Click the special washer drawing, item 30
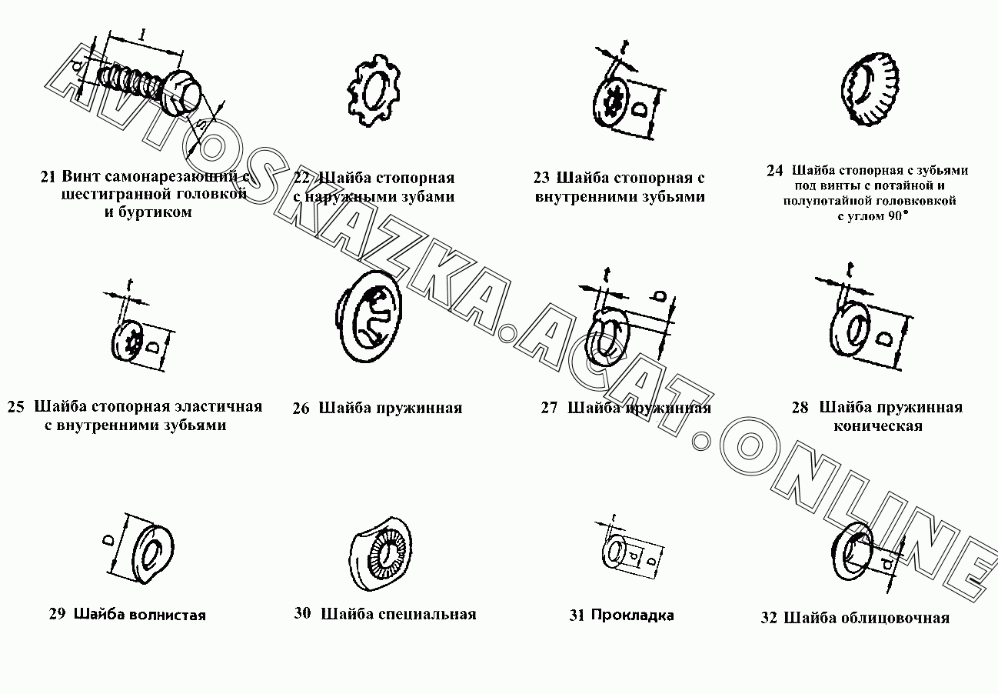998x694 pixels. click(x=384, y=551)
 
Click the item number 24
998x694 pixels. click(x=774, y=171)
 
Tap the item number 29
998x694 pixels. click(x=57, y=614)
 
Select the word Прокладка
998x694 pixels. click(x=633, y=615)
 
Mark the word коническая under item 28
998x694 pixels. click(x=877, y=426)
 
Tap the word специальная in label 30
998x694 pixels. click(x=428, y=614)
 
